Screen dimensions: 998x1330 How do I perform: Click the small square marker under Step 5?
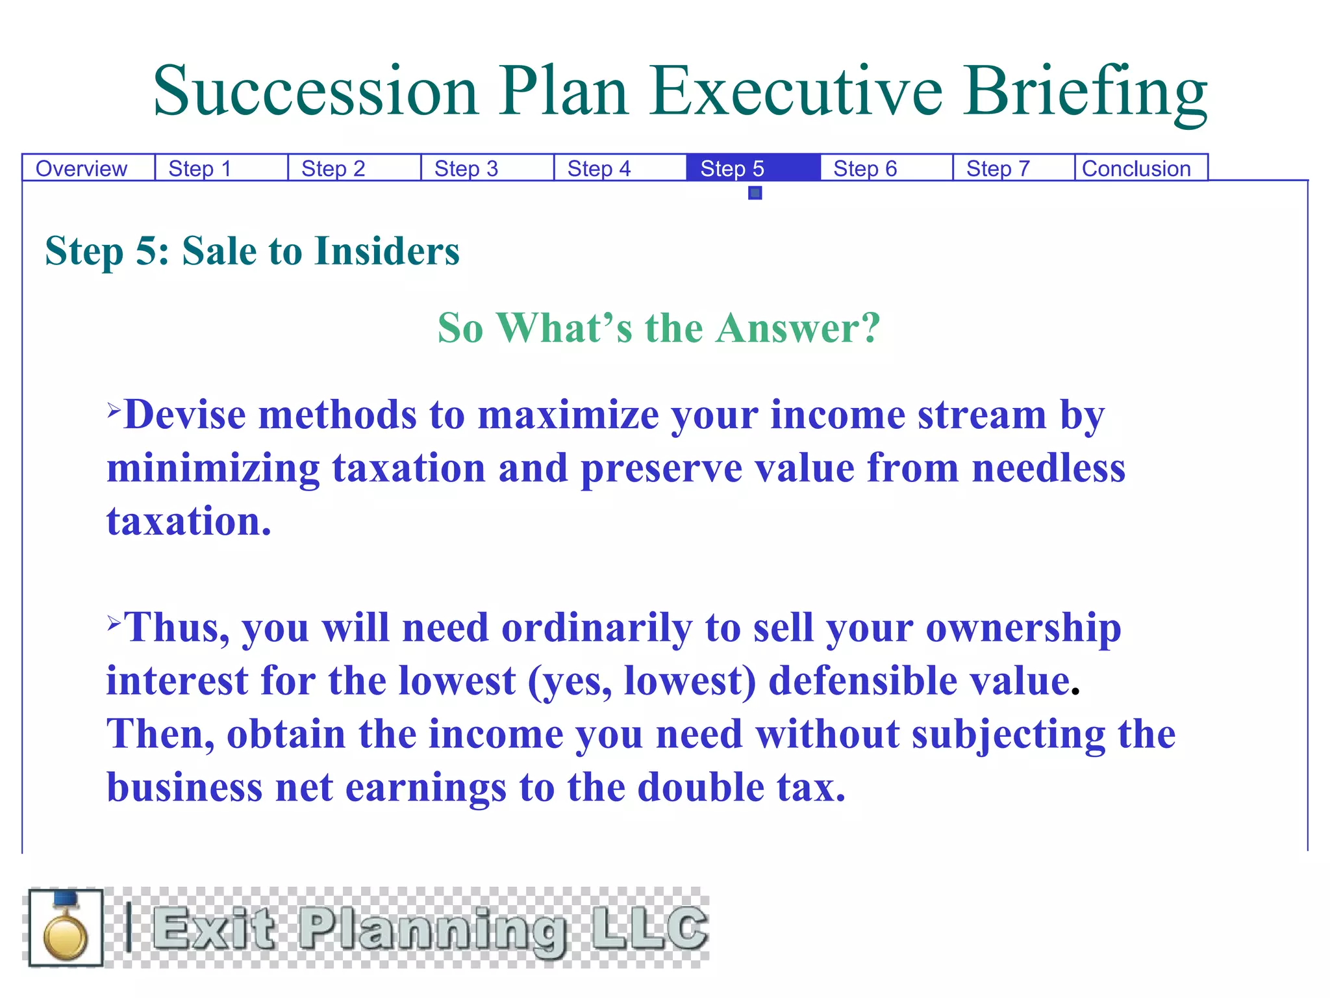(755, 193)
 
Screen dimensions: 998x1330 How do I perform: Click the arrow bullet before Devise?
(114, 409)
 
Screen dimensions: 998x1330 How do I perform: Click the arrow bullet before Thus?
(114, 623)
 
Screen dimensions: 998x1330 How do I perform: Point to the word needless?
(1048, 468)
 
